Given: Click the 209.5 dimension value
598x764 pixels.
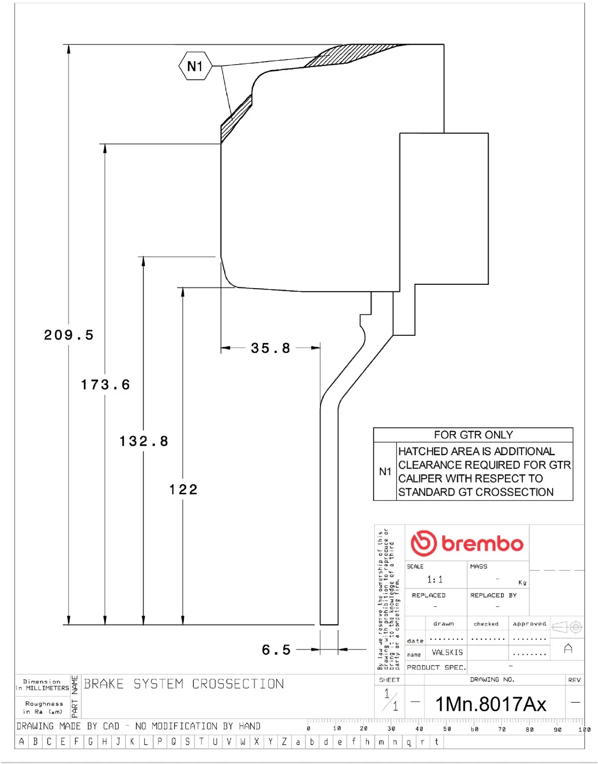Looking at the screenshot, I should point(69,335).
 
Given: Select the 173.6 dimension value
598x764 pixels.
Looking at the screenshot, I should point(105,385).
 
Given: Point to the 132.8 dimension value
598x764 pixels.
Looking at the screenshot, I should point(144,441).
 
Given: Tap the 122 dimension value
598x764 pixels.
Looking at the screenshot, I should point(183,489).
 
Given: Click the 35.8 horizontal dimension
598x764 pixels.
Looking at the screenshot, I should point(270,348).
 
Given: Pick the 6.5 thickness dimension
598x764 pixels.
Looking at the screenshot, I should point(276,650).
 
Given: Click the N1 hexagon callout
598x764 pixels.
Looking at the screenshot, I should point(195,66).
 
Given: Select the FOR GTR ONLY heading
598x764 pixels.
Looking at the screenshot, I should point(473,435).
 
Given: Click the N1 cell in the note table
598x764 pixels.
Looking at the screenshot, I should point(385,472).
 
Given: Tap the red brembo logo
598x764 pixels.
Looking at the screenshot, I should point(467,543).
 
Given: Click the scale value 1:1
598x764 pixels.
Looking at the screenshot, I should point(435,579).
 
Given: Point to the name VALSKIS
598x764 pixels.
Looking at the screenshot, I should point(447,653).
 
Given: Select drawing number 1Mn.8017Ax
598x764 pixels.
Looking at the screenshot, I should point(491,704).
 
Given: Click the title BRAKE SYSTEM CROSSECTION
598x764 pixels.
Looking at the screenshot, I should point(184,684).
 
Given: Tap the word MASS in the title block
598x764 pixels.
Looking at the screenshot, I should point(478,566).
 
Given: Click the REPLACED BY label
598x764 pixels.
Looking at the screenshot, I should point(493,595).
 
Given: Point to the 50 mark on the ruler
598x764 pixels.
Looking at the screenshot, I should point(447,729).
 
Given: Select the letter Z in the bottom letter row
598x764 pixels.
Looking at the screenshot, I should point(284,742).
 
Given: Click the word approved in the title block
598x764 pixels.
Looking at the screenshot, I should point(529,624).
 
